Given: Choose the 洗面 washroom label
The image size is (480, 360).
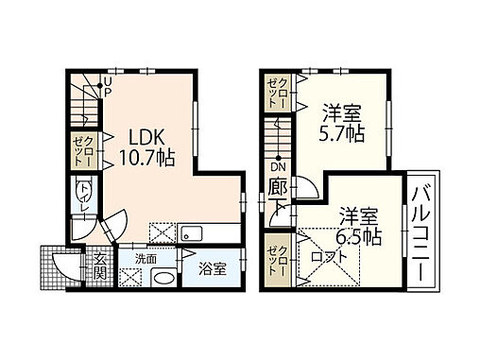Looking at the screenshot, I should click(x=145, y=257).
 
